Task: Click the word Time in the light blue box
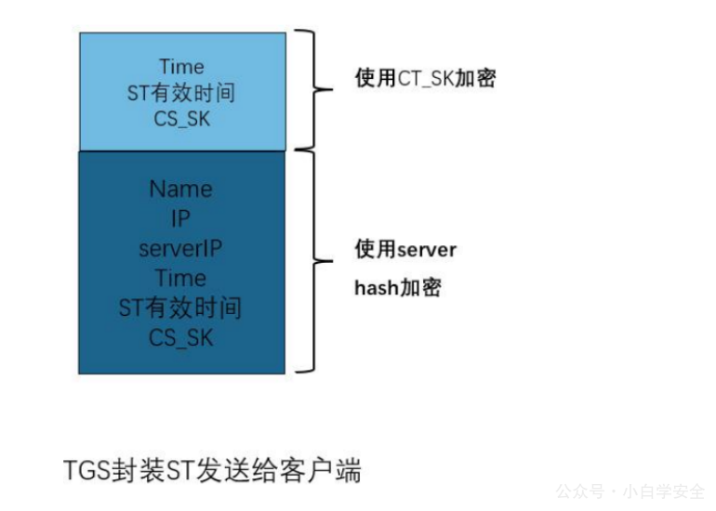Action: [x=181, y=67]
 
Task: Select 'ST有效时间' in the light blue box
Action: [x=180, y=93]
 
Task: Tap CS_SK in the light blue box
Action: [x=181, y=119]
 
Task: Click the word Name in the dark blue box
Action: [x=180, y=189]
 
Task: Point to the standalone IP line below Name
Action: [x=180, y=218]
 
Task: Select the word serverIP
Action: [x=180, y=249]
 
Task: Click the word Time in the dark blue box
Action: [x=180, y=278]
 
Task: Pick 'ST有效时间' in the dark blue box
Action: [x=179, y=308]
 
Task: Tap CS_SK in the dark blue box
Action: [x=180, y=337]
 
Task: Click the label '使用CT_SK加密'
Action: [x=425, y=78]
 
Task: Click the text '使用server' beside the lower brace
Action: [x=405, y=249]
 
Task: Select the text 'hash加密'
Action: [x=398, y=287]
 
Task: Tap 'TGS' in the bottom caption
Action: [x=86, y=470]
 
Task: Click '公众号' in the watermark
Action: [x=580, y=491]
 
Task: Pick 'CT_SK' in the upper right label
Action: [x=426, y=78]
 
